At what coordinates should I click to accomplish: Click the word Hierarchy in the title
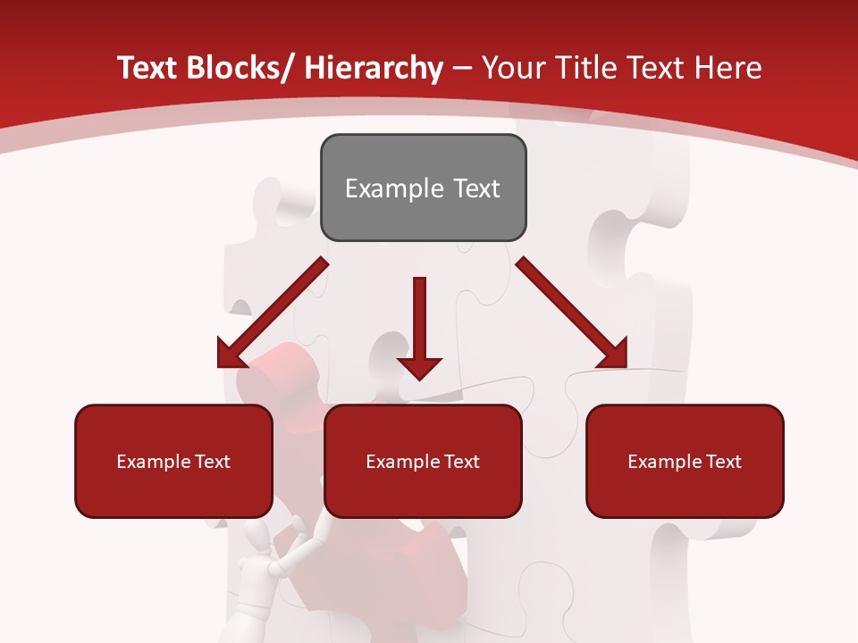point(374,69)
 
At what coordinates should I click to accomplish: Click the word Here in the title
point(726,69)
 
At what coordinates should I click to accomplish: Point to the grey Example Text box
point(423,188)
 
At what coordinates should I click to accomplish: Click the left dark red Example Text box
point(173,462)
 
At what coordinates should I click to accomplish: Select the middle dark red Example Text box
point(423,462)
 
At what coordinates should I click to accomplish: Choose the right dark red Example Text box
point(685,462)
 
